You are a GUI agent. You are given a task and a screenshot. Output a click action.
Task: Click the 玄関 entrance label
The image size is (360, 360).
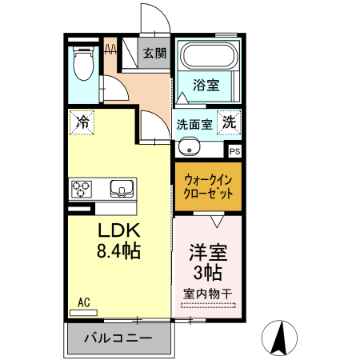pos(155,54)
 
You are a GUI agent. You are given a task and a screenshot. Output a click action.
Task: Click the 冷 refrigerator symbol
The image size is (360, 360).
pos(82,122)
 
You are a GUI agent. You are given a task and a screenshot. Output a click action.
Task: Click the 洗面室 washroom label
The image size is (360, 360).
pos(194,124)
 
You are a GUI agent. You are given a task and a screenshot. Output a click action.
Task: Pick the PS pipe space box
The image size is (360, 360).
pos(234,150)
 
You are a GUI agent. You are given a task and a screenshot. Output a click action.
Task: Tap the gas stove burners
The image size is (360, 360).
pos(82,190)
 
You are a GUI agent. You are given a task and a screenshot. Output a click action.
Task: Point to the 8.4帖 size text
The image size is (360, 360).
pos(118,251)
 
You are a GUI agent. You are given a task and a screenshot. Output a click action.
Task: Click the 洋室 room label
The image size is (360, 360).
pos(208,252)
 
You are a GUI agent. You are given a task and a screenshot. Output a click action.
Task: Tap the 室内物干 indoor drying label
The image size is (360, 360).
pos(208,293)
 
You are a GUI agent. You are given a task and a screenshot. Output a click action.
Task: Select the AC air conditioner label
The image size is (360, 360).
pos(84,302)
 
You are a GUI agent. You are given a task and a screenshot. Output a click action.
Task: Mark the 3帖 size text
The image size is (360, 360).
pos(208,271)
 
